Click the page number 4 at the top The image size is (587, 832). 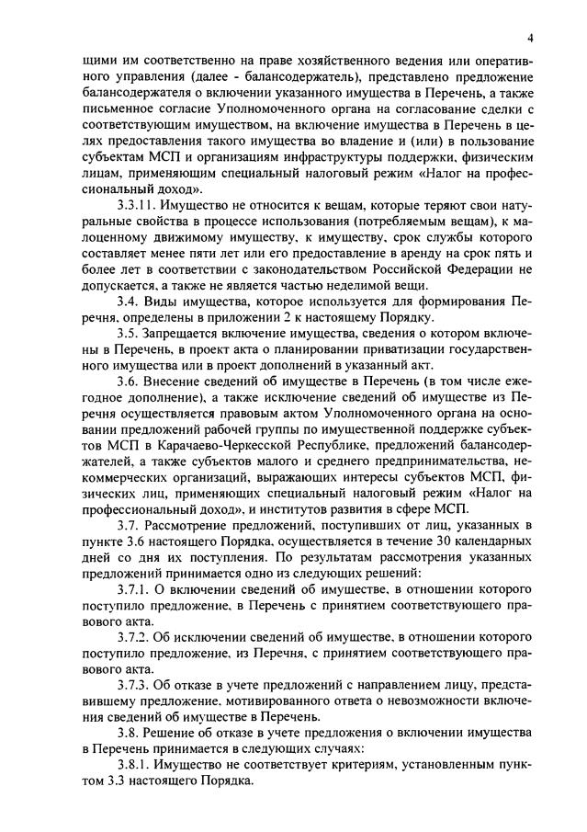[x=530, y=38]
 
